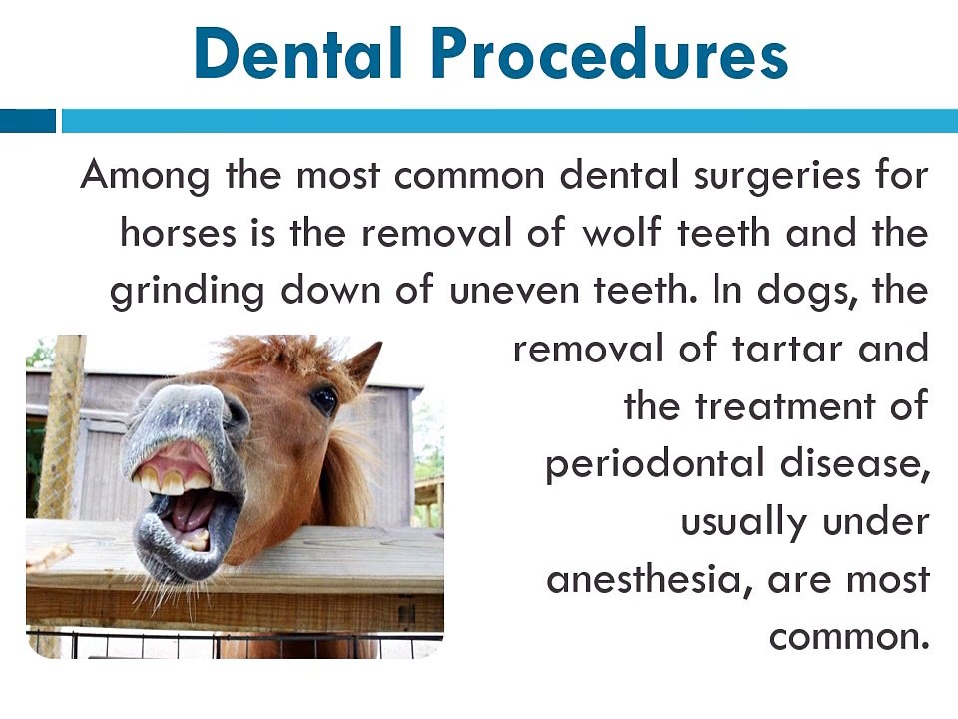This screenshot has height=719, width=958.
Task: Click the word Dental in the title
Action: (298, 53)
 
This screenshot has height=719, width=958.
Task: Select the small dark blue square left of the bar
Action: (28, 121)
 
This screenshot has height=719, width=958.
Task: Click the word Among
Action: (145, 177)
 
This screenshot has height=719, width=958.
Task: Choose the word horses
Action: (178, 233)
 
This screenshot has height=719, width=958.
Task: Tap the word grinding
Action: (188, 291)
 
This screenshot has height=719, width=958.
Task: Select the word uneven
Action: (515, 291)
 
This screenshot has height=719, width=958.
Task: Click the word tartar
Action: (787, 349)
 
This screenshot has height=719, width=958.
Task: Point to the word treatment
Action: (784, 406)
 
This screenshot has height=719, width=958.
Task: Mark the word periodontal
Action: (655, 463)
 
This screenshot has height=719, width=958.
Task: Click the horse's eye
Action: (323, 400)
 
